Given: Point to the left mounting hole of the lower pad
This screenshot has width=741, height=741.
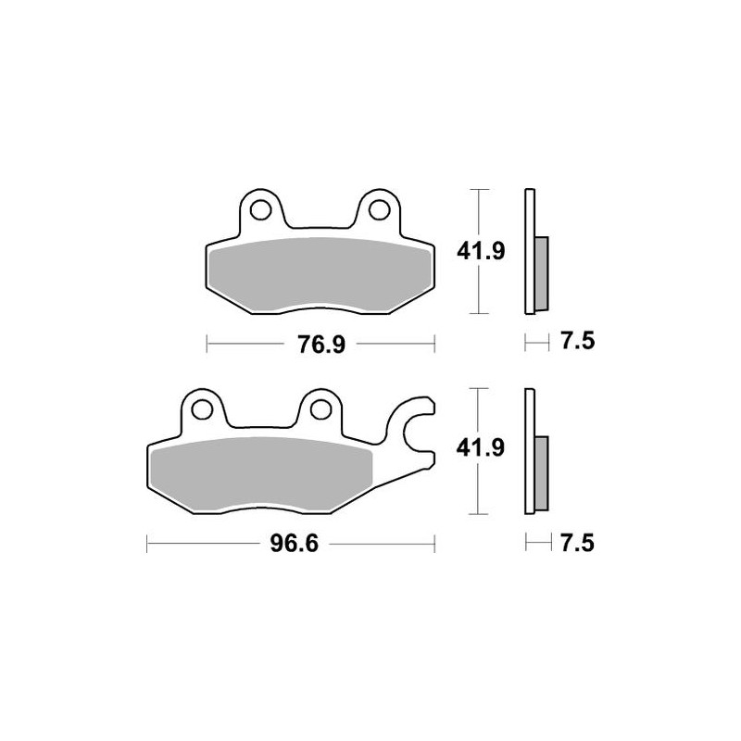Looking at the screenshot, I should tap(203, 408).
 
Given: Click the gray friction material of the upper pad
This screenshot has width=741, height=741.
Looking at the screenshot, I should tap(319, 274).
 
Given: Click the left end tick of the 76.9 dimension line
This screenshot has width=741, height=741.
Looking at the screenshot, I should tap(206, 345).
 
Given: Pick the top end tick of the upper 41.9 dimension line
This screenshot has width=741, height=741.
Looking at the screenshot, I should tap(478, 190).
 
